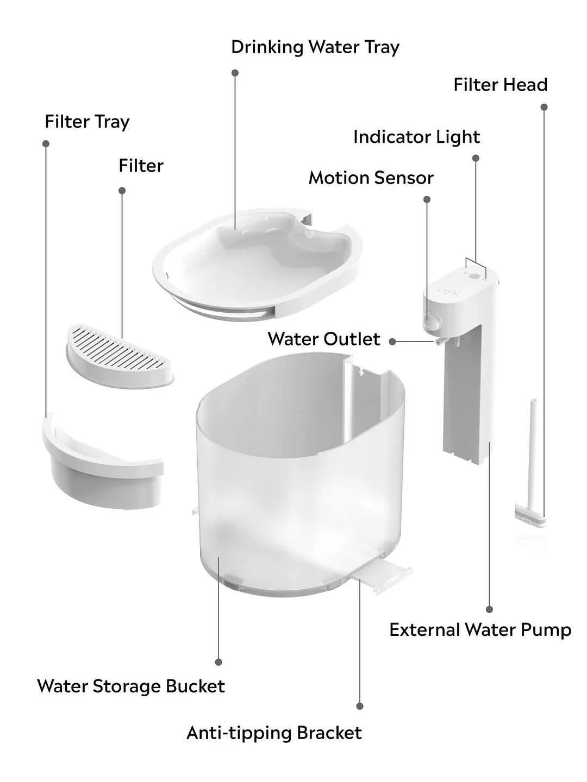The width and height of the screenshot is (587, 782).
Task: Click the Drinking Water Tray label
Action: pos(315,47)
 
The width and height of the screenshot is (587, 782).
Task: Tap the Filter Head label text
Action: pos(500,85)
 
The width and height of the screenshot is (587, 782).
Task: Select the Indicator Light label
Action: pos(416,137)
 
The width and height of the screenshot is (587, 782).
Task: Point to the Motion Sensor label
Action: pos(371,178)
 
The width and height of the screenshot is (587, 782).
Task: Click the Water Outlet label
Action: pos(323,339)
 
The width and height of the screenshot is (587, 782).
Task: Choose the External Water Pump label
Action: pos(480,630)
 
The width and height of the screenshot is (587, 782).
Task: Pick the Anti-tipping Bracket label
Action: pos(274,733)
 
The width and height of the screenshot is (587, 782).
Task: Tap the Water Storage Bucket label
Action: pos(130,686)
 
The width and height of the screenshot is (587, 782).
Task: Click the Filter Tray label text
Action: pos(87,122)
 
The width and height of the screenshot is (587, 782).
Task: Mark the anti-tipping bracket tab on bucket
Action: pos(384,576)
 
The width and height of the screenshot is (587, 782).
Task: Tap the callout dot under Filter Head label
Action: pos(544,107)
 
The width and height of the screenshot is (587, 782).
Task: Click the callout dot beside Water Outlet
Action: pos(392,342)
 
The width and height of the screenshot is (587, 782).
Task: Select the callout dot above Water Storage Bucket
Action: pos(218,662)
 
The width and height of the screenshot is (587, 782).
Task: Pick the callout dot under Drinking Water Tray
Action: pos(235,73)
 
